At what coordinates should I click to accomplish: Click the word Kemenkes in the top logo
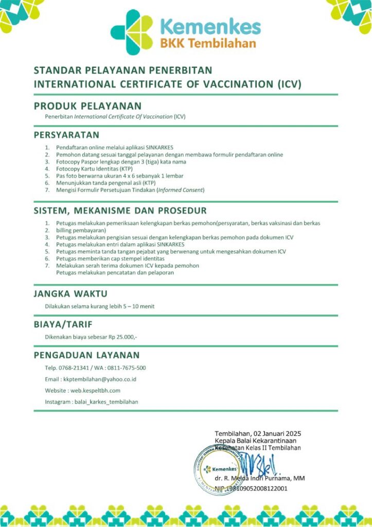[x=210, y=27]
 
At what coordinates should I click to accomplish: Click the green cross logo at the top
[x=131, y=32]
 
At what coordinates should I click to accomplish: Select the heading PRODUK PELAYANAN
[x=87, y=106]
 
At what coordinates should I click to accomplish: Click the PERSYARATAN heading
[x=66, y=135]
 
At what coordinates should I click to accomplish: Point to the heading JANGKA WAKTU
[x=70, y=294]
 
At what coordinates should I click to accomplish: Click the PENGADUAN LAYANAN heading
[x=86, y=355]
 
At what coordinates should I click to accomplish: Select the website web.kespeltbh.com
[x=95, y=391]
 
